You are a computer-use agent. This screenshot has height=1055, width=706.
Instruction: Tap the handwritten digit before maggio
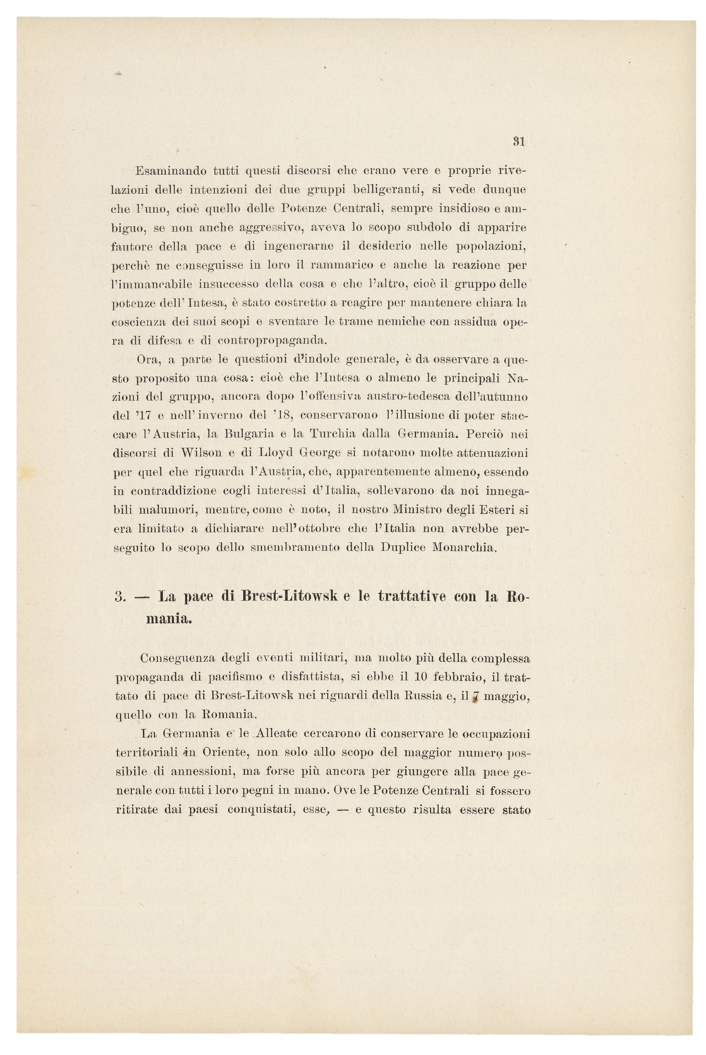475,697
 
